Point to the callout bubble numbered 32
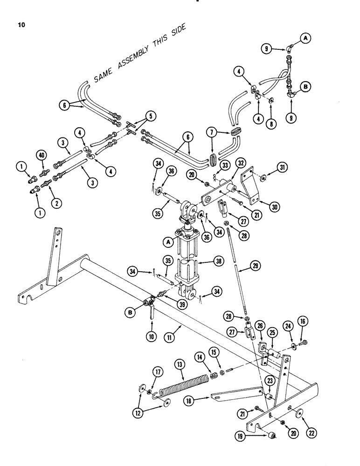pos(241,164)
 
